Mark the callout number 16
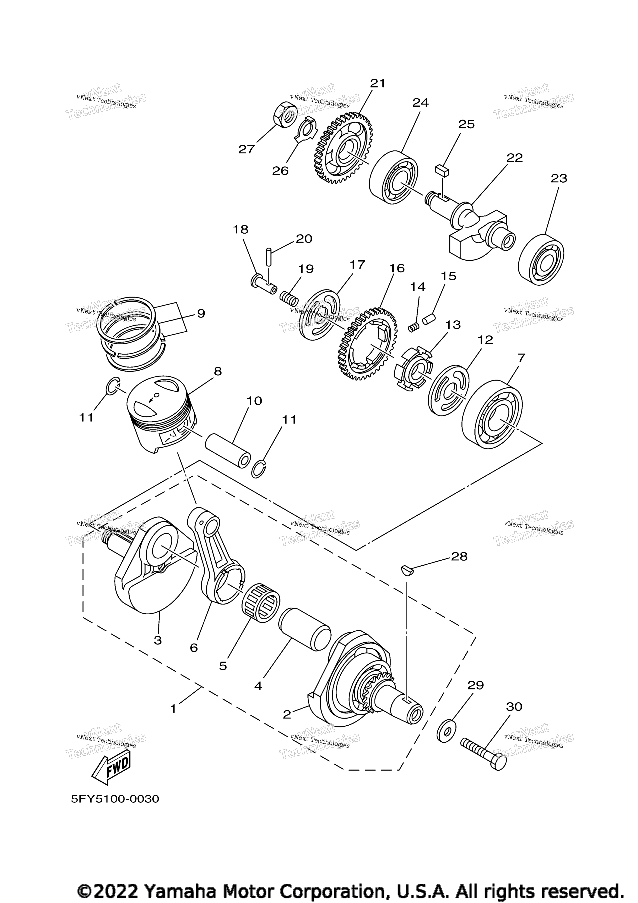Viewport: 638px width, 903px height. (x=397, y=268)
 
